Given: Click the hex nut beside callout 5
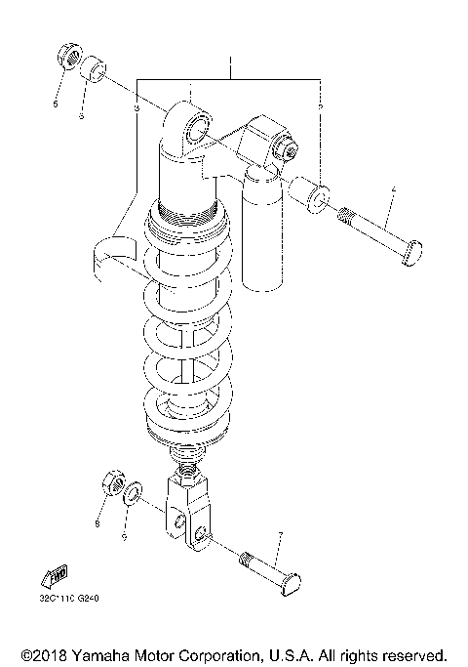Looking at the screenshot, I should click(66, 56).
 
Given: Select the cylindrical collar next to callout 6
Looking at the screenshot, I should click(93, 69).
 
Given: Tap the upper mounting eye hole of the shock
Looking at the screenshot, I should click(199, 127).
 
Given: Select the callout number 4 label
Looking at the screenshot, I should click(393, 189).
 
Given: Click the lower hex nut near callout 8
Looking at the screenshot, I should click(112, 483).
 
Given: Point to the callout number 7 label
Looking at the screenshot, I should click(280, 535).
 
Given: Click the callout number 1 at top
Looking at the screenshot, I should click(230, 65).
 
